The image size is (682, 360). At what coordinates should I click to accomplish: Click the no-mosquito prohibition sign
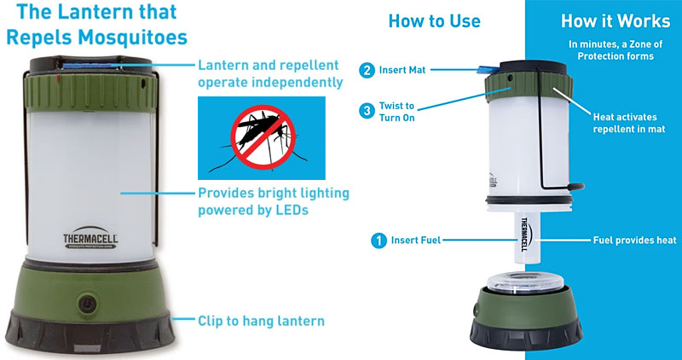tap(262, 133)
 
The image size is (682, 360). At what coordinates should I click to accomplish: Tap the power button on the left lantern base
tap(87, 303)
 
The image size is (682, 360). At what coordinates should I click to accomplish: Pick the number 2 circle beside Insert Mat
tap(366, 71)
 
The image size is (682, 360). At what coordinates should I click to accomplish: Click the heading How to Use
tap(434, 21)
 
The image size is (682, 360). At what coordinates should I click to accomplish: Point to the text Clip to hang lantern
tap(261, 322)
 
